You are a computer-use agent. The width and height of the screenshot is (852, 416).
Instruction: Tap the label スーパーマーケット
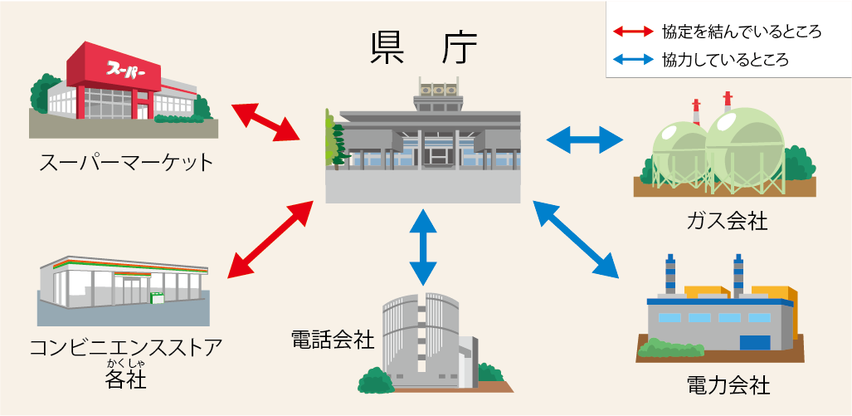pos(126,162)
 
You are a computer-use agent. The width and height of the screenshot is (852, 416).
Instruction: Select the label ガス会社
pos(727,222)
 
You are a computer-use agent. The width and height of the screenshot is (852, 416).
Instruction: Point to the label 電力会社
pos(728,386)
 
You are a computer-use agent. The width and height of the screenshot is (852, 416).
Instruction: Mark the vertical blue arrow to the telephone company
pos(423,247)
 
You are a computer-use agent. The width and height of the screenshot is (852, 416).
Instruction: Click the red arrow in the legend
pos(633,32)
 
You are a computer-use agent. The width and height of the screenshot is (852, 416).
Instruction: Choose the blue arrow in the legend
pos(633,60)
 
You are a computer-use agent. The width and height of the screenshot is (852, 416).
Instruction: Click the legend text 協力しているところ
pos(725,60)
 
